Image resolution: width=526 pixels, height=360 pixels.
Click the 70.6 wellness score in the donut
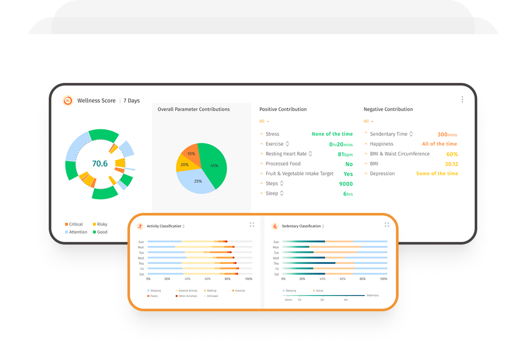coord(100,164)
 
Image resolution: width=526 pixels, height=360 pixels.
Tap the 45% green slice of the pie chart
coord(213,165)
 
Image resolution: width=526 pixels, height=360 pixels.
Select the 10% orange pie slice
coord(191,153)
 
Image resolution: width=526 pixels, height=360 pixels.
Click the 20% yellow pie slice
coord(184,165)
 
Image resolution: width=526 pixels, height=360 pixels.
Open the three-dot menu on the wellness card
coord(462,99)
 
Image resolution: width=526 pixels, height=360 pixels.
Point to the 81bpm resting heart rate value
coord(345,154)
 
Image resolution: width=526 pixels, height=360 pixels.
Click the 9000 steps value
coord(346,184)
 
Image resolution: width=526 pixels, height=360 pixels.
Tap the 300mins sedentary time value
coord(447,135)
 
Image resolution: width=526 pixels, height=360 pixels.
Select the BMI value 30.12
coord(451,164)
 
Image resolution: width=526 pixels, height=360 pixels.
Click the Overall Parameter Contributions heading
coord(194,109)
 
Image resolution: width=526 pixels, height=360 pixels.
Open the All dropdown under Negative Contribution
coord(368,121)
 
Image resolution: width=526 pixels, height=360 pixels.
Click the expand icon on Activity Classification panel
coord(252,224)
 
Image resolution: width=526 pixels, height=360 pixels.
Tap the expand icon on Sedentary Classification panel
coord(387,224)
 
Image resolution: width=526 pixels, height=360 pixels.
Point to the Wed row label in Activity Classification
coord(141,258)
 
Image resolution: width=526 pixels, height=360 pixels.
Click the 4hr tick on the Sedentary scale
coord(346,300)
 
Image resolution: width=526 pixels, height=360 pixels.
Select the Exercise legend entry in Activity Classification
coord(240,291)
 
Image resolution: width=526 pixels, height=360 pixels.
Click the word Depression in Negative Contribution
coord(382,174)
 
